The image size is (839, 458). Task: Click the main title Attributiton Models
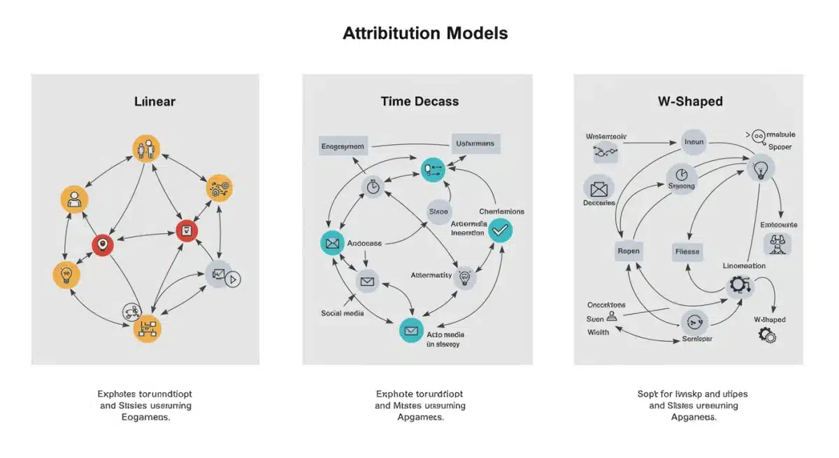(x=425, y=33)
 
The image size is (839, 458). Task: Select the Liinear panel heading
(x=155, y=102)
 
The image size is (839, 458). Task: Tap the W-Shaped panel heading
(x=689, y=102)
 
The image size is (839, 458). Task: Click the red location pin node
(x=103, y=244)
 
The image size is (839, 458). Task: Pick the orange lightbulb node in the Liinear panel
(x=66, y=274)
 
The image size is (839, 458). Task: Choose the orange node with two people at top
(x=146, y=148)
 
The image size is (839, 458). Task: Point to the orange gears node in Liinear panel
(x=220, y=188)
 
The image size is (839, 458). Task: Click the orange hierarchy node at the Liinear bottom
(x=147, y=328)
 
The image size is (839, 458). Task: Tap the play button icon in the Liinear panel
(x=234, y=279)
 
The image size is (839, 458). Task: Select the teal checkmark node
(x=501, y=230)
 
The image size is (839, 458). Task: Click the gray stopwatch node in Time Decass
(x=373, y=186)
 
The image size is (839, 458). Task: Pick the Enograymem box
(x=343, y=146)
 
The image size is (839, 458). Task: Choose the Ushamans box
(x=475, y=144)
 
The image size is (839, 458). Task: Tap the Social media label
(x=342, y=313)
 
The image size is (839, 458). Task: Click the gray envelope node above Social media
(x=367, y=282)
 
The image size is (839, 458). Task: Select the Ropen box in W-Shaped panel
(x=629, y=251)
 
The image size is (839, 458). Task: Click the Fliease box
(x=687, y=251)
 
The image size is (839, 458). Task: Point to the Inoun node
(x=694, y=142)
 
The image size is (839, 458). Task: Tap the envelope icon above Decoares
(x=598, y=188)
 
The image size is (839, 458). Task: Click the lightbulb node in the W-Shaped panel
(x=761, y=169)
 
